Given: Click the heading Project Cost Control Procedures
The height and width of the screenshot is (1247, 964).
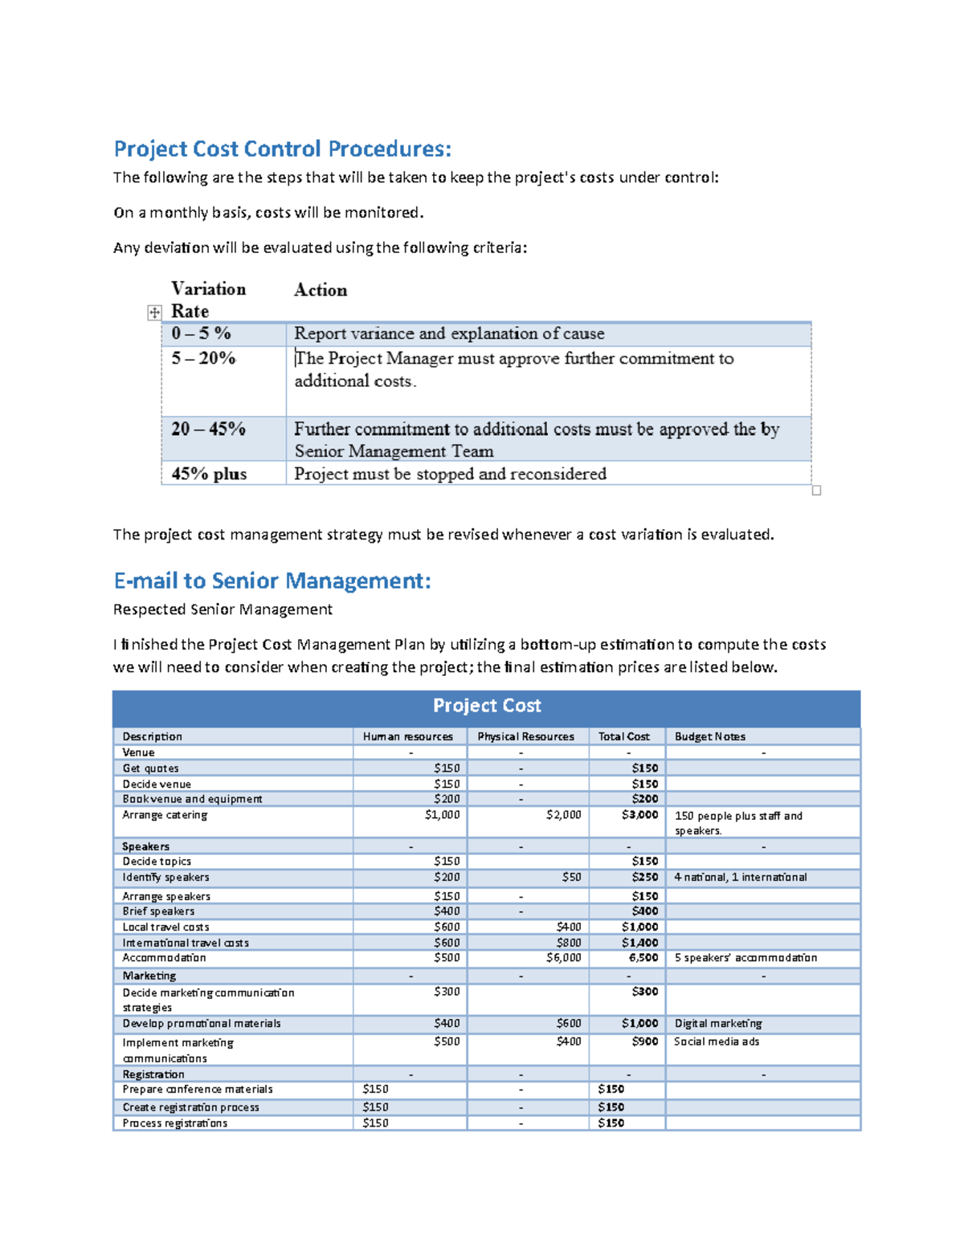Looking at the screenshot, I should [282, 149].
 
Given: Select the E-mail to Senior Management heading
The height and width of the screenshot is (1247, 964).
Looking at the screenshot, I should [272, 581].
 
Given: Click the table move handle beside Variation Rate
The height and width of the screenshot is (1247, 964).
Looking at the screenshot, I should [154, 312].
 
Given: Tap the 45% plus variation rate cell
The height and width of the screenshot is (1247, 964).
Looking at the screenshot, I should [209, 474].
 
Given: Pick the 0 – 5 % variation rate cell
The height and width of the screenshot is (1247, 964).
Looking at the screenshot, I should [201, 333].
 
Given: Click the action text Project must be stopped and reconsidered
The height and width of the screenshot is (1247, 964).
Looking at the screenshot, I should [450, 474].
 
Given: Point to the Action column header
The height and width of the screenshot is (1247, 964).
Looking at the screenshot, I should [321, 290].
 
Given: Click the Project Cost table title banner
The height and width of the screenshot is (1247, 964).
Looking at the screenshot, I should [486, 706].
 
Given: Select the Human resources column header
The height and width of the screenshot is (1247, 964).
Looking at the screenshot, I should [408, 736].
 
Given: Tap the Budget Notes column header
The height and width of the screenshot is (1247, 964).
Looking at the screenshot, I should [710, 736].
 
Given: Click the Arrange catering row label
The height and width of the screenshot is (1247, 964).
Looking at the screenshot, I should [165, 815].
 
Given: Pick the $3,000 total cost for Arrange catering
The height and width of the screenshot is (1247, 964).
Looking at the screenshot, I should [639, 815].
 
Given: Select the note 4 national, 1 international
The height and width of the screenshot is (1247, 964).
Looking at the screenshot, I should [740, 878].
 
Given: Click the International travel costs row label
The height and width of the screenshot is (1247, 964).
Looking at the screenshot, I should [186, 943].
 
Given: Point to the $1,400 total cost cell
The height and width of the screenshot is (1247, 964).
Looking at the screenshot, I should [639, 943].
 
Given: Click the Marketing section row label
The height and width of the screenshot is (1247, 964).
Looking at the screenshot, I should [149, 976].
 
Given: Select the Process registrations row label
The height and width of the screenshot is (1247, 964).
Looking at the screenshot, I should [175, 1123].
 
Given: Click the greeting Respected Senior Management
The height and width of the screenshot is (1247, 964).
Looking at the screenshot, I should [223, 609].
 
